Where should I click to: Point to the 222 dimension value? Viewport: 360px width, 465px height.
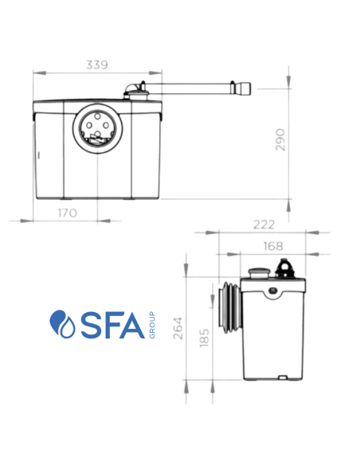coord(263,225)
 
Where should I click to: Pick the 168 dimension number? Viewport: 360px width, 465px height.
coord(272,247)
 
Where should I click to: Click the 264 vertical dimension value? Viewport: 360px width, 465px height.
coord(178,329)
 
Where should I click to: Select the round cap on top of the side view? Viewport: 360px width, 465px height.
coord(257,273)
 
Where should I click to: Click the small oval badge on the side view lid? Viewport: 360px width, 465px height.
coord(273,291)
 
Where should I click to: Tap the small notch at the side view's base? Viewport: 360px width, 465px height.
coord(280,373)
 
